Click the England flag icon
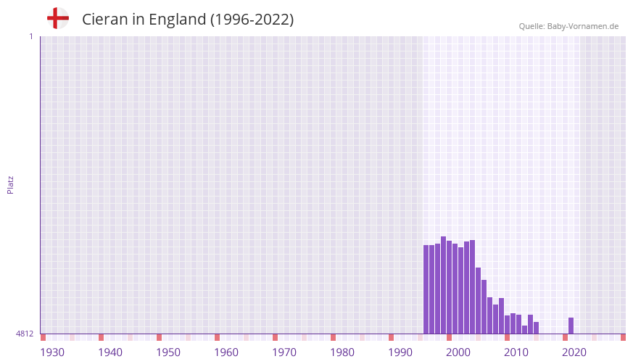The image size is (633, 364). pos(58,18)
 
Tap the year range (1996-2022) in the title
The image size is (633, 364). pos(252,20)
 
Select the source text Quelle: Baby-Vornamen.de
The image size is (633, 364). pos(568,26)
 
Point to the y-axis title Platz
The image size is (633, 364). pos(10,184)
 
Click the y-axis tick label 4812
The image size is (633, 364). pos(25,334)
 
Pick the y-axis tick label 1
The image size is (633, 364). pos(30,36)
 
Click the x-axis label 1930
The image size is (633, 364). pos(52,352)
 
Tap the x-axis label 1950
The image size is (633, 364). pos(168,352)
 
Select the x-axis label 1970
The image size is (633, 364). pos(284,352)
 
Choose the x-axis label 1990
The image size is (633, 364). pos(400,352)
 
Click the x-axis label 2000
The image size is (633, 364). pos(458,352)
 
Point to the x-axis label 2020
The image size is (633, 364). pos(574,352)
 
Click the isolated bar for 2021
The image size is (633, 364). pos(571,326)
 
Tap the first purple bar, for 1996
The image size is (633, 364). pos(426,289)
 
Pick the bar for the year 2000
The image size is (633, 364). pos(449,287)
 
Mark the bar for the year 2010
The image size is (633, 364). pos(507,324)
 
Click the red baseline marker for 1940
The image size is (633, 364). pos(101,337)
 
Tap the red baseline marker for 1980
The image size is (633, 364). pos(333,337)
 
